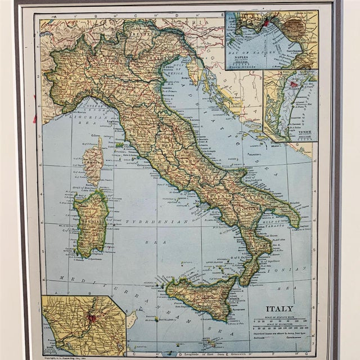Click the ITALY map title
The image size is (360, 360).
279,309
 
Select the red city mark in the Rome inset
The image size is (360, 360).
90,318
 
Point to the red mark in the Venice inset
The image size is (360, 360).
293,84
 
